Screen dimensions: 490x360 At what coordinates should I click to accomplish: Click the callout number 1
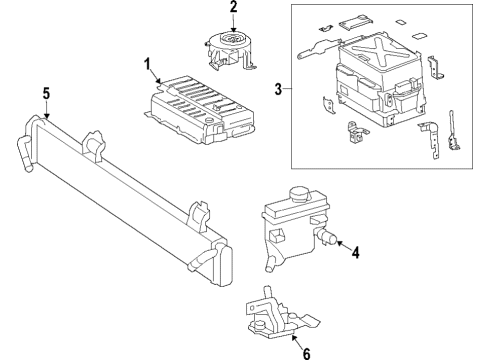pos(148,64)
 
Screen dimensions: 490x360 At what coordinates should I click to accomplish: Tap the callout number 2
pos(233,7)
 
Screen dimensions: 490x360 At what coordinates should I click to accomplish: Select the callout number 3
pos(278,89)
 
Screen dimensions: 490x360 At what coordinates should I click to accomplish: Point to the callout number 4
pos(356,253)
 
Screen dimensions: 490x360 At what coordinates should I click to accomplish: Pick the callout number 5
pos(46,93)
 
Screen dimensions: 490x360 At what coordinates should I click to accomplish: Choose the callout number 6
pos(306,353)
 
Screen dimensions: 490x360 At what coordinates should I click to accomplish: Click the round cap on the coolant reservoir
pos(300,194)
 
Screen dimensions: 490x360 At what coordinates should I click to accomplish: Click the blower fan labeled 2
pos(229,50)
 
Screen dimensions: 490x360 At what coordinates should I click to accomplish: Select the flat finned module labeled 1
pos(199,110)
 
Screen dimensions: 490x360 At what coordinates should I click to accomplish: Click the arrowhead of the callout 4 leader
pos(339,243)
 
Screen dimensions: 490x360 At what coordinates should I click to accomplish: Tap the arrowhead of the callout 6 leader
pos(293,338)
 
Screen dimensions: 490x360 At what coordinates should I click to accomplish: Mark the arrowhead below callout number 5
pos(47,116)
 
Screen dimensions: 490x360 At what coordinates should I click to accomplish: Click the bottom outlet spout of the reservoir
pos(269,263)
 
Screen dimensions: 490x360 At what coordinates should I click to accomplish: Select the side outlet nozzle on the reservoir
pos(326,236)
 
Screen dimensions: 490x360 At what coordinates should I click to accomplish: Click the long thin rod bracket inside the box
pos(454,131)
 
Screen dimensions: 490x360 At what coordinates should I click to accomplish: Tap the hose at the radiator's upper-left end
pos(24,154)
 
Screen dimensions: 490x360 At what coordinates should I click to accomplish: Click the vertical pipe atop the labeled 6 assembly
pos(267,293)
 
